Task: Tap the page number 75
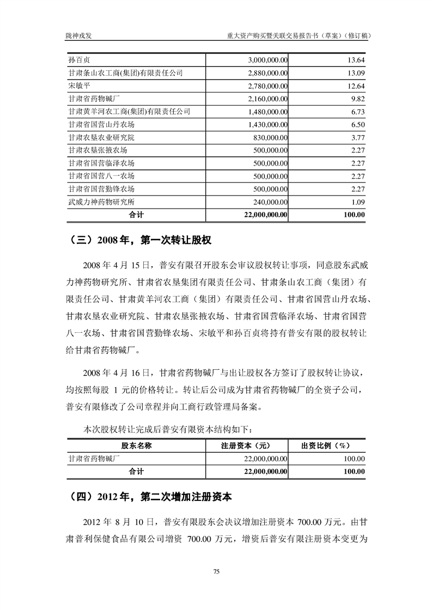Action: click(216, 571)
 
